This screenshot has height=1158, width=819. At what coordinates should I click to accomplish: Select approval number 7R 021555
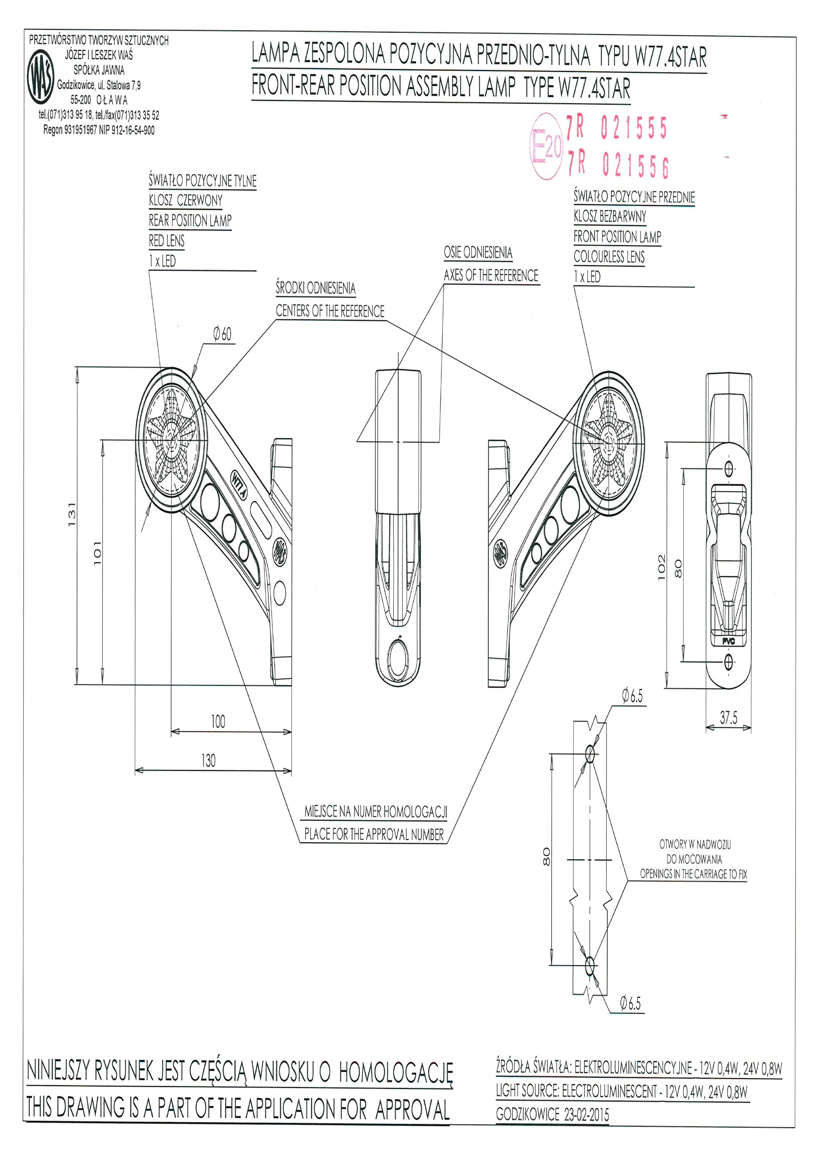point(616,127)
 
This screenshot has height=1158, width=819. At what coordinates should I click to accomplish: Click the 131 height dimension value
point(72,514)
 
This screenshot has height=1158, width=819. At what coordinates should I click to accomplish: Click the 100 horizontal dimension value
point(218,722)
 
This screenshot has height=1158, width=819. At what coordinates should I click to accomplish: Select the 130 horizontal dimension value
point(208,760)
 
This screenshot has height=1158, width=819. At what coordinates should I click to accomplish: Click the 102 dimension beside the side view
point(662,567)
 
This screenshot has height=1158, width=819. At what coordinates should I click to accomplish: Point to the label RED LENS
point(166,241)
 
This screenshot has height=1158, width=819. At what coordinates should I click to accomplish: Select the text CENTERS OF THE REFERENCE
point(330,311)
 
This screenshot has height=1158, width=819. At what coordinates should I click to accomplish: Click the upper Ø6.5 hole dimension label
point(632,696)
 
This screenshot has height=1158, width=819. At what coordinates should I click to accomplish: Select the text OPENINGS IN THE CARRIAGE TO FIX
point(694,874)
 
